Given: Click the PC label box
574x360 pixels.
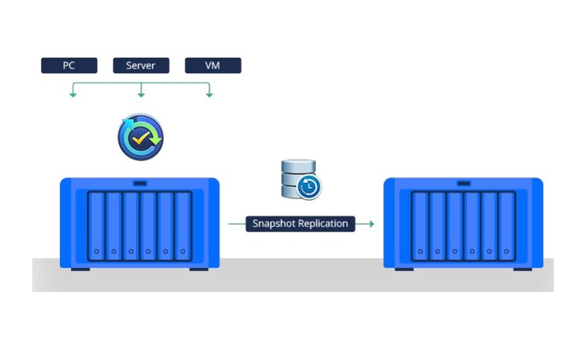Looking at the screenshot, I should pos(69,65).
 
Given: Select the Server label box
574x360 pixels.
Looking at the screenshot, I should pos(141,65).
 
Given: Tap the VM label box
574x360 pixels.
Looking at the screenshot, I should pos(213,65).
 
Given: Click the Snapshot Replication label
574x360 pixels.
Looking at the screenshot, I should pos(300,224).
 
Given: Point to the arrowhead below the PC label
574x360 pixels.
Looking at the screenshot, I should pos(73,95).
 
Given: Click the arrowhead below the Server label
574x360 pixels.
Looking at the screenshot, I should pos(141,95).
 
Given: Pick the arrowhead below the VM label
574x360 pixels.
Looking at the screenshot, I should pos(209,95).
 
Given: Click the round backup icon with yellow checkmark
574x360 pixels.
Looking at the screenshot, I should pos(140,137).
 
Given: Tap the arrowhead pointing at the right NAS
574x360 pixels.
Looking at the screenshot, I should pos(371,224).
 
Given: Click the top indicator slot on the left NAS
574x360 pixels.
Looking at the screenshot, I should pos(140,183).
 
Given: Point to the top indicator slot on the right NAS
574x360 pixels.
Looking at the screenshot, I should pos(464,183).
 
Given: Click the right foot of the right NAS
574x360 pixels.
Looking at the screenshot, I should pos(523,269).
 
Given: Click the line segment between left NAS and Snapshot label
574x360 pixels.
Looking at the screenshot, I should pos(236,224).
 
